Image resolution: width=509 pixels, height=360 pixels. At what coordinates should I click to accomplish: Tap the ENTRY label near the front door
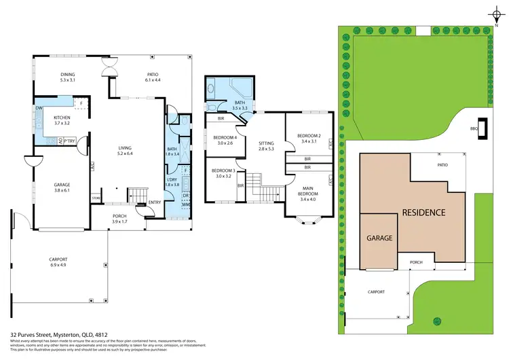(x=155, y=202)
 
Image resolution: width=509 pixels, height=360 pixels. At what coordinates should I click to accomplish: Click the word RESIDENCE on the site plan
(x=424, y=212)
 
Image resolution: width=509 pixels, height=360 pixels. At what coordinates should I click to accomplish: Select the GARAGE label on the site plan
(x=380, y=238)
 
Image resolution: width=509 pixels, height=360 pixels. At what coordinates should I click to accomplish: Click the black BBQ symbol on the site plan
(x=483, y=133)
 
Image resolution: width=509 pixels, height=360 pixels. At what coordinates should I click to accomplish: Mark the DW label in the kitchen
(x=39, y=108)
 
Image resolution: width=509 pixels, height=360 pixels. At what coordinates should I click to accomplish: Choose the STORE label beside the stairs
(x=96, y=198)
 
